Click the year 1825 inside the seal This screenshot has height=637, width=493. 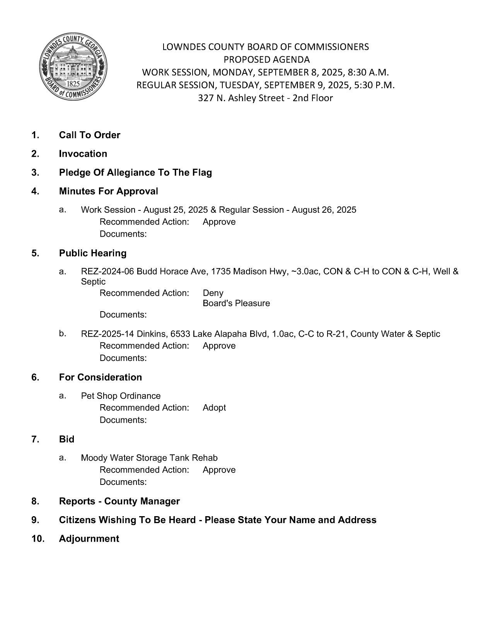click(x=73, y=84)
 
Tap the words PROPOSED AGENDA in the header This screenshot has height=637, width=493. click(x=266, y=59)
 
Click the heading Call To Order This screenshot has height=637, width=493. click(x=89, y=135)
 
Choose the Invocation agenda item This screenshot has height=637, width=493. click(x=83, y=154)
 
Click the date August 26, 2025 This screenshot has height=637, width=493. click(x=324, y=210)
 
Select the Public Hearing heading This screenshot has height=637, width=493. click(x=92, y=253)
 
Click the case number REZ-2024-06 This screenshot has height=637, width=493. click(x=107, y=271)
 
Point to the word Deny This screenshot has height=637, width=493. click(x=213, y=293)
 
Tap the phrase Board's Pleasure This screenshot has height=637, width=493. click(x=236, y=303)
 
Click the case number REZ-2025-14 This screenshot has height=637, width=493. click(x=107, y=334)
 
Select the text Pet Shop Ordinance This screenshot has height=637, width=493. click(x=120, y=396)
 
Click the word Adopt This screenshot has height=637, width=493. click(x=214, y=408)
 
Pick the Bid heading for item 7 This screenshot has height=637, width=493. click(x=67, y=439)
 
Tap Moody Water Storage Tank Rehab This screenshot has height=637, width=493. click(x=149, y=458)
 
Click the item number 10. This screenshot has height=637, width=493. click(x=38, y=539)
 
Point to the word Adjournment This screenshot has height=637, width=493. click(x=89, y=539)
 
